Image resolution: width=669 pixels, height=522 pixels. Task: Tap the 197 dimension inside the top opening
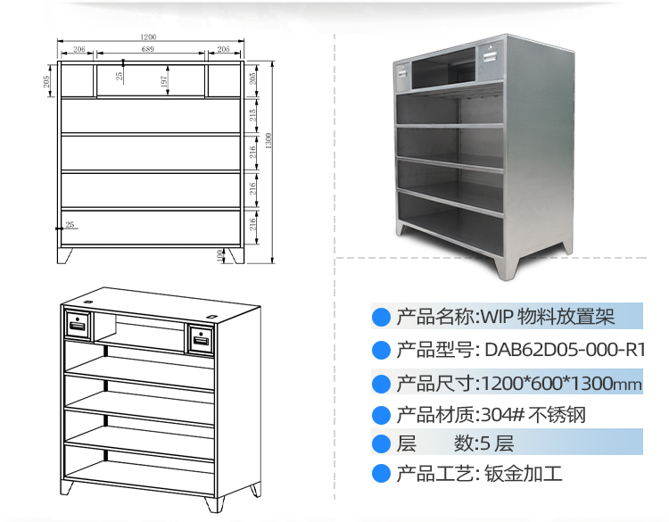coord(165,80)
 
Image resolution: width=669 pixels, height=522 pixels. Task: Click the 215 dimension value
coord(254,116)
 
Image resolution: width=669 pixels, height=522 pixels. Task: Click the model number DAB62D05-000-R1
coord(564,349)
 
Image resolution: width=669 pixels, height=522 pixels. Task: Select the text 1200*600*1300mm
coord(561,384)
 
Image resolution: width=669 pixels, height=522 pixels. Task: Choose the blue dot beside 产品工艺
coord(382,474)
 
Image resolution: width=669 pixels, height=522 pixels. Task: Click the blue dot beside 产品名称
coord(382,317)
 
